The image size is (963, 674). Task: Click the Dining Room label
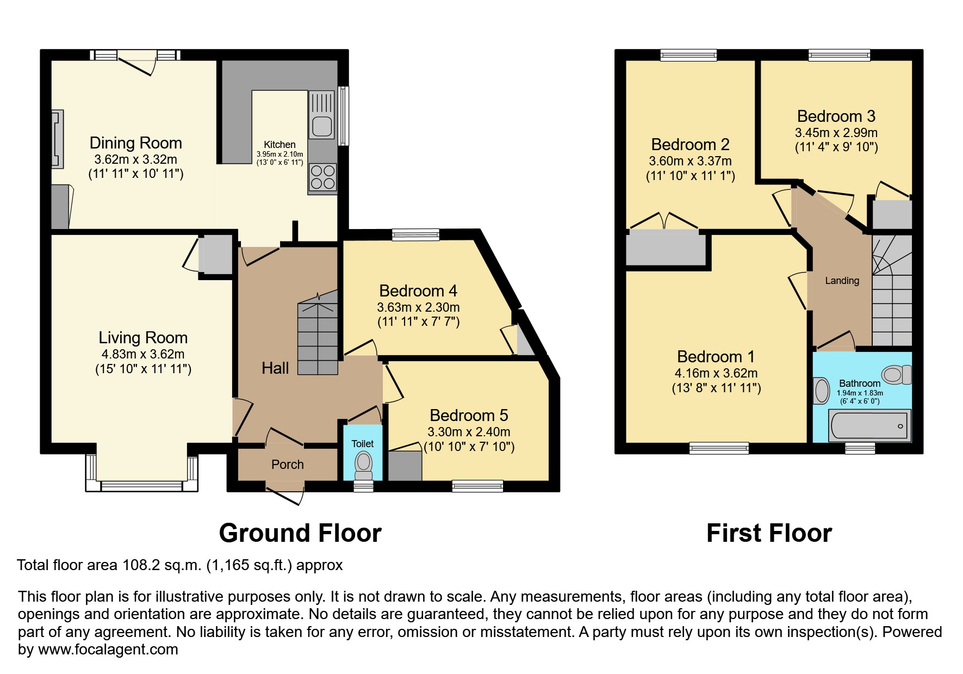pos(135,143)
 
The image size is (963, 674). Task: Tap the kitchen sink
pos(322,115)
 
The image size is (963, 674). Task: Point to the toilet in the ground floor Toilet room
pos(363,463)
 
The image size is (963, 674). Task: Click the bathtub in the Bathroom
pos(869,425)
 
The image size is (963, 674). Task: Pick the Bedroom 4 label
pos(418,291)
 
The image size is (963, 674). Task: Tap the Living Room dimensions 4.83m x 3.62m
pos(143,354)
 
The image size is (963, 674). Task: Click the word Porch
pos(288,465)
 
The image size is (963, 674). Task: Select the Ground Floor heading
pos(300,533)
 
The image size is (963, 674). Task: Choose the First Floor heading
pos(769,533)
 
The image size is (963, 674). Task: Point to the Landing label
pos(842,281)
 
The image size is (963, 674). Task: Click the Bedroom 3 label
pos(836,116)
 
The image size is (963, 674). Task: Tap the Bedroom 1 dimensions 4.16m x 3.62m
pos(716,373)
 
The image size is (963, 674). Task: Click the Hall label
pos(275,368)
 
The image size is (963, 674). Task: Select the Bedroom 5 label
pos(469,416)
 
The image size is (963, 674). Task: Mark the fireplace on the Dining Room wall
pos(57,138)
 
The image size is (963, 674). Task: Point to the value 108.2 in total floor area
pos(134,565)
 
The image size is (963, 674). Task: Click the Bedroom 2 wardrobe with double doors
pos(666,248)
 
